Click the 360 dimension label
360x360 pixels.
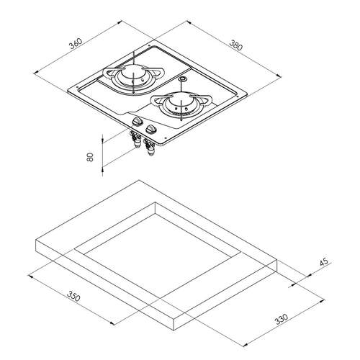click(76, 43)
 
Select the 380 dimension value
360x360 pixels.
click(236, 45)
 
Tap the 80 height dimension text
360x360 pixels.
click(90, 157)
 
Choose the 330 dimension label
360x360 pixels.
click(282, 319)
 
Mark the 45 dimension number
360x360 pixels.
click(324, 262)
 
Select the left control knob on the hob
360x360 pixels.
click(138, 122)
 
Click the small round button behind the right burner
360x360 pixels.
click(183, 78)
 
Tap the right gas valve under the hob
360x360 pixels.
click(149, 148)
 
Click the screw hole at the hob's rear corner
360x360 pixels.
click(149, 45)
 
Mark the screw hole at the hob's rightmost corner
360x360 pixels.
click(238, 96)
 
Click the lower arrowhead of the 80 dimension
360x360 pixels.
click(103, 169)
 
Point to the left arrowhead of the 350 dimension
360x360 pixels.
click(30, 276)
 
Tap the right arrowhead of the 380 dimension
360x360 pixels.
click(279, 76)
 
